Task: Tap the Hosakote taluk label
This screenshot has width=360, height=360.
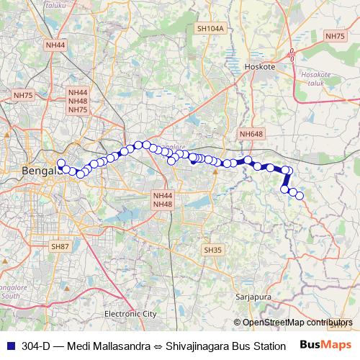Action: [315, 78]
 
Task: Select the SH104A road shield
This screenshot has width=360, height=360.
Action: [210, 28]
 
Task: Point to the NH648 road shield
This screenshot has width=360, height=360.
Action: [251, 134]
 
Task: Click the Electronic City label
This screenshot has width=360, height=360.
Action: [130, 314]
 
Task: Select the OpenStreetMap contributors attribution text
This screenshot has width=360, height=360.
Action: [297, 323]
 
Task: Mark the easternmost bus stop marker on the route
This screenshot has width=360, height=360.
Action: [300, 196]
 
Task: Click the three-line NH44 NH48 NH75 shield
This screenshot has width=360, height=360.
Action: [78, 102]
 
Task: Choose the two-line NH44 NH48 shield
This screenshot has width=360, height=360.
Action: [163, 199]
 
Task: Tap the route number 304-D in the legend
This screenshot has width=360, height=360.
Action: [36, 345]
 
